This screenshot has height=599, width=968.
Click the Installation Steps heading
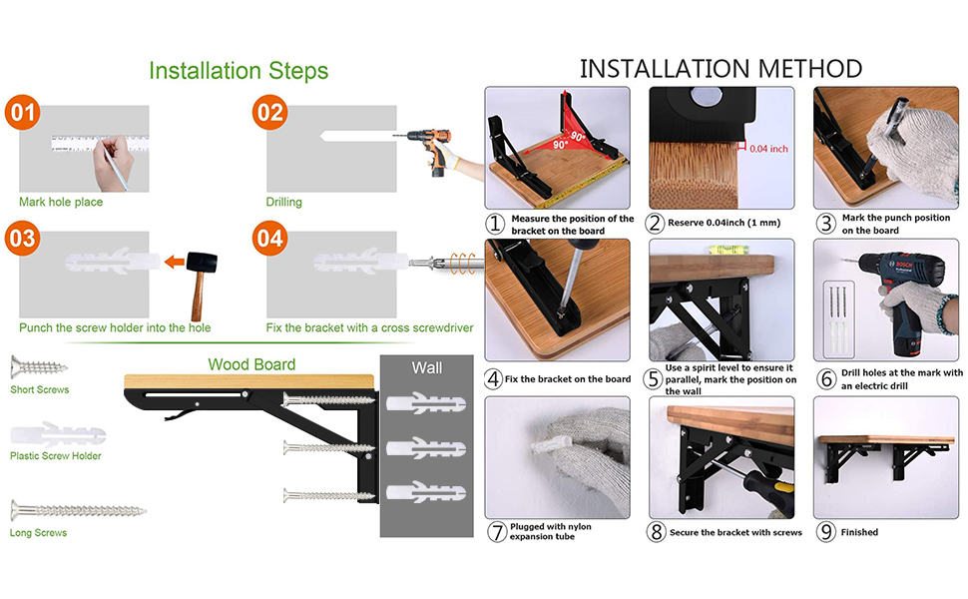point(238,71)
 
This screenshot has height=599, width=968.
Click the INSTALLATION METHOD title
point(721,68)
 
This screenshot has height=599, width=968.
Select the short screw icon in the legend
point(39,366)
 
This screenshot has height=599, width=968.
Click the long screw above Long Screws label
point(78,511)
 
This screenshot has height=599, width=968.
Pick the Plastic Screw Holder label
point(56,456)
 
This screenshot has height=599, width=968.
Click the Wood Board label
point(251,364)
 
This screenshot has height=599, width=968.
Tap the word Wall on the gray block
point(426,367)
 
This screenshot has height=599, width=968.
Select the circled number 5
point(655,378)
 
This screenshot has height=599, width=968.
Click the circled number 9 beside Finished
point(825,532)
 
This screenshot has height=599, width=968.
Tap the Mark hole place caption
point(61,202)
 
